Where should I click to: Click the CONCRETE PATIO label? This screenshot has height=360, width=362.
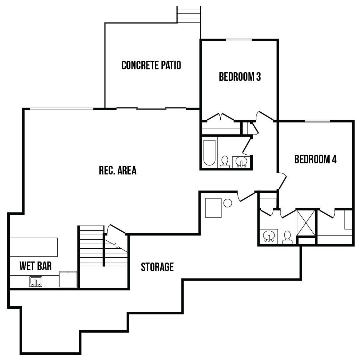151,65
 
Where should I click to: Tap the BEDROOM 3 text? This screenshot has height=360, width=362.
240,77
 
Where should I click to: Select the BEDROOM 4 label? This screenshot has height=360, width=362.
315,159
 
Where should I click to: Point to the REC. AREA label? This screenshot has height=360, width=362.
118,170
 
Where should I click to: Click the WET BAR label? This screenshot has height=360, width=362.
35,266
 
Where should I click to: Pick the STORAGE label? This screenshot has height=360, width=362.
157,267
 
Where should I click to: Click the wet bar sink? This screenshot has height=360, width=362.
36,282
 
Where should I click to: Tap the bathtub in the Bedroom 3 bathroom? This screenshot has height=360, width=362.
209,153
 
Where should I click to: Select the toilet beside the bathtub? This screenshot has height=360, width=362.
225,162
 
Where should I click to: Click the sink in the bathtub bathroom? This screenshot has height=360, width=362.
241,162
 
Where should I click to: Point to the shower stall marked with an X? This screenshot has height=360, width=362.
306,222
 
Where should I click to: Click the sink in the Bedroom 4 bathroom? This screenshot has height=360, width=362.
269,236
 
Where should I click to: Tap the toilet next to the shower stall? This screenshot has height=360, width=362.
287,238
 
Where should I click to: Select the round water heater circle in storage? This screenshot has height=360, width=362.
228,203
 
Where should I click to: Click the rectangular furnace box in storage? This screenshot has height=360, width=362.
213,208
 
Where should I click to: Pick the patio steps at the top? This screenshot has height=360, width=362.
189,14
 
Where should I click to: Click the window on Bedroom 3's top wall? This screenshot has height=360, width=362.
239,40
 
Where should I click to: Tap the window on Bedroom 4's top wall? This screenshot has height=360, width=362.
317,121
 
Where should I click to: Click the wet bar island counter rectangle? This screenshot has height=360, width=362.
33,247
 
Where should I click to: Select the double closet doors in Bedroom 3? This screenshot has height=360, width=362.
220,117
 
